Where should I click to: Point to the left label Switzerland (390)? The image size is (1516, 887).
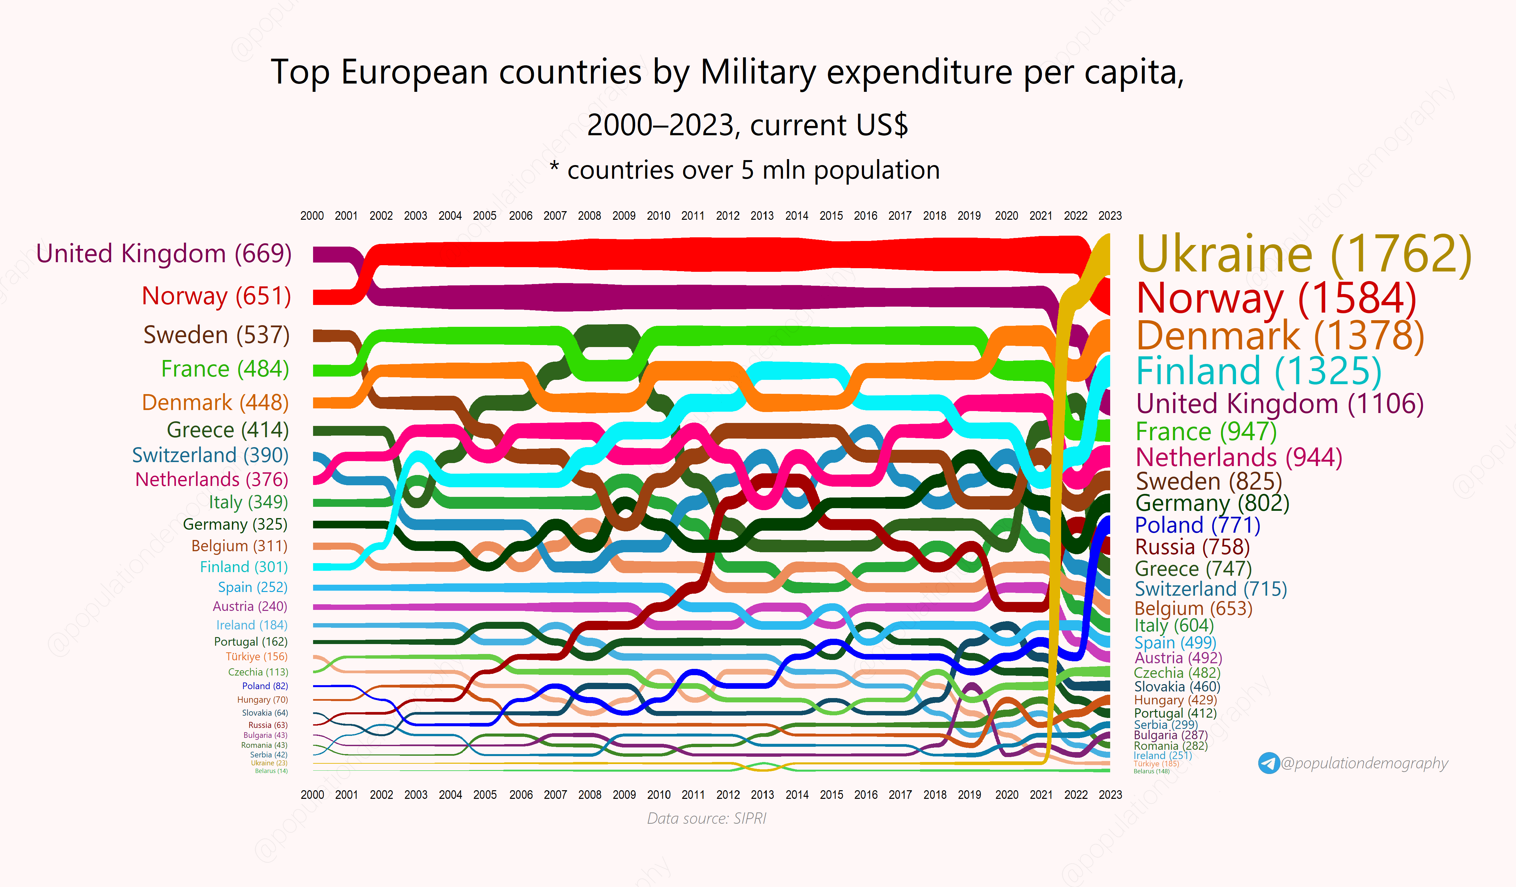pyautogui.click(x=210, y=455)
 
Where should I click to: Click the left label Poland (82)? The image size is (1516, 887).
pyautogui.click(x=265, y=686)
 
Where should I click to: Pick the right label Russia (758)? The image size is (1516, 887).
pyautogui.click(x=1192, y=547)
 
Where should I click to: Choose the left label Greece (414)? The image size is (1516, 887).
pyautogui.click(x=227, y=430)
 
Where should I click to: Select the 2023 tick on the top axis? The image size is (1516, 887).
pyautogui.click(x=1110, y=215)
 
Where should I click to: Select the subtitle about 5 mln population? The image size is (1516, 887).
pyautogui.click(x=745, y=170)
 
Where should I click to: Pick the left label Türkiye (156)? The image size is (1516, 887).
pyautogui.click(x=256, y=657)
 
